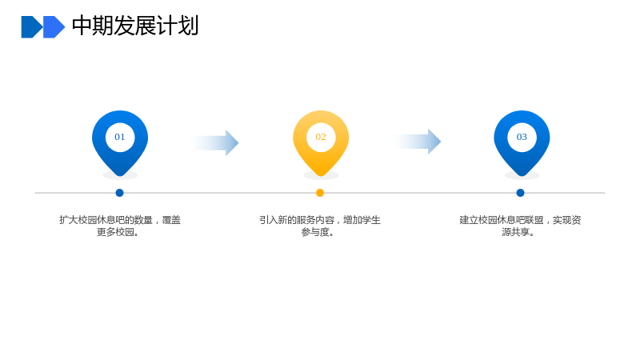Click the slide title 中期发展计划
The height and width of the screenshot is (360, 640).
pos(135,26)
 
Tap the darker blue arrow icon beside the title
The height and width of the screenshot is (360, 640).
pos(32,27)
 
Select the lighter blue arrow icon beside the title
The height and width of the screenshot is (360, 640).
pos(54,27)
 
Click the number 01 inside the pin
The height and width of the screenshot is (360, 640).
pos(119,137)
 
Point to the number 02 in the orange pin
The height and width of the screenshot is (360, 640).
pos(321,137)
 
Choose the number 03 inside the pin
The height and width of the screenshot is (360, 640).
pos(522,137)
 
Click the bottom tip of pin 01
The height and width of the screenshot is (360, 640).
pos(120,176)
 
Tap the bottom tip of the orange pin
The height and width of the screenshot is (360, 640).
pos(321,176)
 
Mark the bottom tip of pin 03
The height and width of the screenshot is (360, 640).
pos(522,176)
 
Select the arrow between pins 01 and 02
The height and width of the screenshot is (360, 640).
pos(214,143)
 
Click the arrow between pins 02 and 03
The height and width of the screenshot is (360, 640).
pos(416,142)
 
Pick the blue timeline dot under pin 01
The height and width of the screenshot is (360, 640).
pos(119,193)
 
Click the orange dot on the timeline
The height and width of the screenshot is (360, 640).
pos(320,193)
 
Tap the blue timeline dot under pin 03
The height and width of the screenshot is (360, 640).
pos(521,193)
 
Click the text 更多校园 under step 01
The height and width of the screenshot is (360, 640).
pos(115,232)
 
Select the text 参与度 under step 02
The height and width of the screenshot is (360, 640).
pos(315,232)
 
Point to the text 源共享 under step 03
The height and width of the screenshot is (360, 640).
pos(516,232)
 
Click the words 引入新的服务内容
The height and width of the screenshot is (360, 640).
pos(297,220)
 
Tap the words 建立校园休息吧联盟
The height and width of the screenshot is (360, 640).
pos(502,220)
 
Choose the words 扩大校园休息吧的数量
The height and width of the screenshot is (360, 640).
pos(106,220)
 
